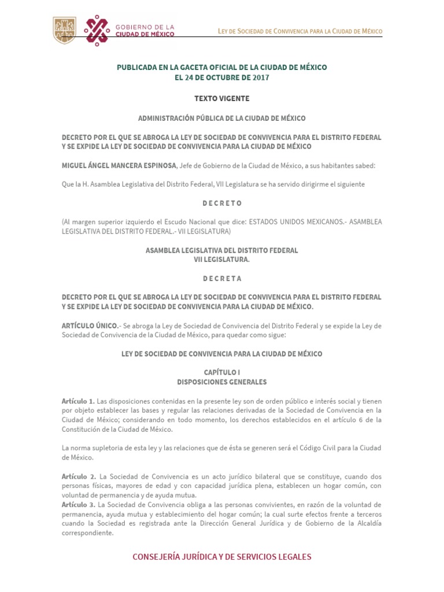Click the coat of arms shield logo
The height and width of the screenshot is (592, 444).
tap(64, 29)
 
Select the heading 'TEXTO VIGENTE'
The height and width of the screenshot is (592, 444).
tap(221, 99)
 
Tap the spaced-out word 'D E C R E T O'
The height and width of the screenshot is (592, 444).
tap(221, 203)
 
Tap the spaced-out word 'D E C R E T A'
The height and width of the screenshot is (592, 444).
tap(221, 278)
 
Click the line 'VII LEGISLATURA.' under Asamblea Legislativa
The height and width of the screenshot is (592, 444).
tap(221, 260)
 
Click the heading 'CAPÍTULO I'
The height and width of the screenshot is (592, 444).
tap(221, 373)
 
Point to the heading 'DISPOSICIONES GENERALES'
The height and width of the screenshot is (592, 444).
tap(221, 382)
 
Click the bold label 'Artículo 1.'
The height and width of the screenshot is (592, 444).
tap(78, 401)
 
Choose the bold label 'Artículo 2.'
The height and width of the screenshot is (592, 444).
tap(78, 476)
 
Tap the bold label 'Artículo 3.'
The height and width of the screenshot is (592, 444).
tap(78, 505)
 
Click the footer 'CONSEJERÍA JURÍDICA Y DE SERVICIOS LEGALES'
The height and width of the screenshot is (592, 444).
tap(221, 557)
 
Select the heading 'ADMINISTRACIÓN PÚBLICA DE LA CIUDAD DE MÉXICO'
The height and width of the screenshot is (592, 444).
tap(221, 118)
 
